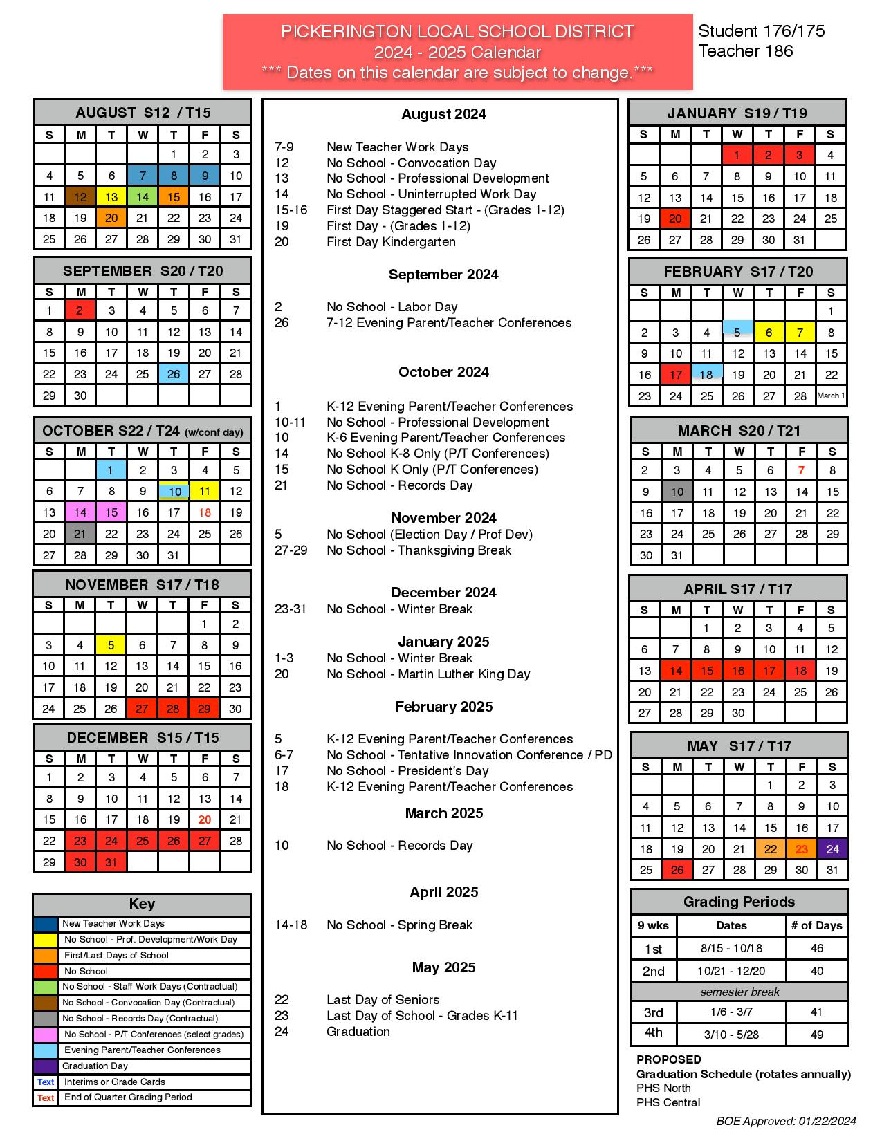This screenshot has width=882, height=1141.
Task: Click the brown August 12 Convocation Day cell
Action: [80, 197]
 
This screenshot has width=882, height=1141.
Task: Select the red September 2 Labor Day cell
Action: [80, 310]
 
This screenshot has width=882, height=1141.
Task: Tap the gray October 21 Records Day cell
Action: [80, 533]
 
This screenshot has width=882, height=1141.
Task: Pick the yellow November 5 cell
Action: [111, 645]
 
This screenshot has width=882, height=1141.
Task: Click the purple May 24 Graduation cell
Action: [833, 849]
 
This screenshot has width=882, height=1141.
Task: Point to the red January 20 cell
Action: [675, 219]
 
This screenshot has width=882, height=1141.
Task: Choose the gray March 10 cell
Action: [677, 492]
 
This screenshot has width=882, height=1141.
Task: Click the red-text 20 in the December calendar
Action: [205, 819]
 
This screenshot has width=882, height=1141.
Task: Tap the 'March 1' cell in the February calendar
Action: [831, 396]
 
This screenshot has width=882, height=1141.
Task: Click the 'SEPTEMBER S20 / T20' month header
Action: [143, 271]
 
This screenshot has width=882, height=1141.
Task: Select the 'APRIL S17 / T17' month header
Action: [737, 589]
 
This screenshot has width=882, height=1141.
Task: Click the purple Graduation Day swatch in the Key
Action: [46, 1066]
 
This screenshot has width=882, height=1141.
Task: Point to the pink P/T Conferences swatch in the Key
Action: [46, 1035]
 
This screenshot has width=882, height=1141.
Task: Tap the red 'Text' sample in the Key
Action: [46, 1098]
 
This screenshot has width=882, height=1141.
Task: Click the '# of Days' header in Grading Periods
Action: [817, 926]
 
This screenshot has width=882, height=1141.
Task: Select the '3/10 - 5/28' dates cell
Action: [731, 1035]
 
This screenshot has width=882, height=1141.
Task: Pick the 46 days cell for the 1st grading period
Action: [817, 949]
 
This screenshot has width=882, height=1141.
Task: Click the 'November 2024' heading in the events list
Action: [443, 518]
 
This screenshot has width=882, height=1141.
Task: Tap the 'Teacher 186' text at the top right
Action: [746, 51]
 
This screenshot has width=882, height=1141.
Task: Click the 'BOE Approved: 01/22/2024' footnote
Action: [786, 1121]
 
